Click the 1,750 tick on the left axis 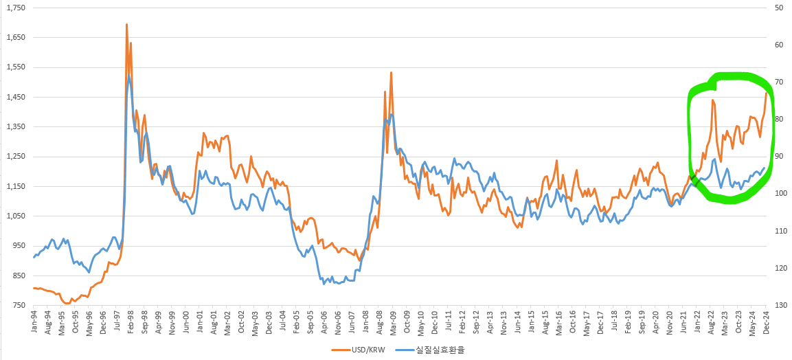pos(14,8)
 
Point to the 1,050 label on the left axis pos(14,216)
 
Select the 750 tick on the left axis pos(17,305)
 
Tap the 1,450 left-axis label pos(14,97)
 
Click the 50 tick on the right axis pos(779,8)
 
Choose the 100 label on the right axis pos(780,194)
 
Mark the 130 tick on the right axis pos(780,305)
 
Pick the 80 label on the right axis pos(779,120)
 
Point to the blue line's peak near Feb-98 pos(129,76)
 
